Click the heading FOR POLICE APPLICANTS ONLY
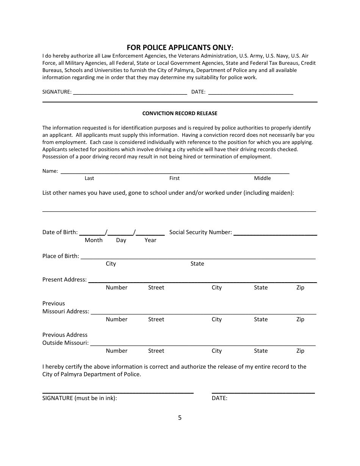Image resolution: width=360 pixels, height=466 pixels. coord(180,47)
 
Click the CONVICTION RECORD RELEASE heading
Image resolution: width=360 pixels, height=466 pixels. coord(180,113)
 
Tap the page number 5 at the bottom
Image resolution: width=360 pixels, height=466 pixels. coord(180,418)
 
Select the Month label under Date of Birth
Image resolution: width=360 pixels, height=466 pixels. coord(94,240)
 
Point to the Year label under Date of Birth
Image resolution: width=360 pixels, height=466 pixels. coord(150,240)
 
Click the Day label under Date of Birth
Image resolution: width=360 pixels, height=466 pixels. coord(121,240)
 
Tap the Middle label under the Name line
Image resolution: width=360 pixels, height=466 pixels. coord(262,178)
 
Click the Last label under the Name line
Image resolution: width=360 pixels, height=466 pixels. coord(89,178)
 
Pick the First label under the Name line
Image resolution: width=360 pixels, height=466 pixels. coord(174,178)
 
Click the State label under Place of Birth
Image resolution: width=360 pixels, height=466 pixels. coord(197,264)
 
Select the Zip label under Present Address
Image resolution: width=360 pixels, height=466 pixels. coord(300,288)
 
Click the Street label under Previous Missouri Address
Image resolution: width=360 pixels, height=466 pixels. coord(156,319)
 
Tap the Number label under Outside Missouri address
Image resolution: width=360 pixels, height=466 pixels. coord(117,351)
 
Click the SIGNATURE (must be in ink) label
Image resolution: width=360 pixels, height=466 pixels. coord(80,398)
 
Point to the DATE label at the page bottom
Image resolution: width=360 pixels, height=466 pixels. coord(219,398)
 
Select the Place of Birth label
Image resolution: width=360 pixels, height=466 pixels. coord(61,256)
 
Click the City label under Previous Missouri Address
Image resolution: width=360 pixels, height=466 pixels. coord(216,319)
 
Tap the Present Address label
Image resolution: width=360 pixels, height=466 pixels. coord(64,280)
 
